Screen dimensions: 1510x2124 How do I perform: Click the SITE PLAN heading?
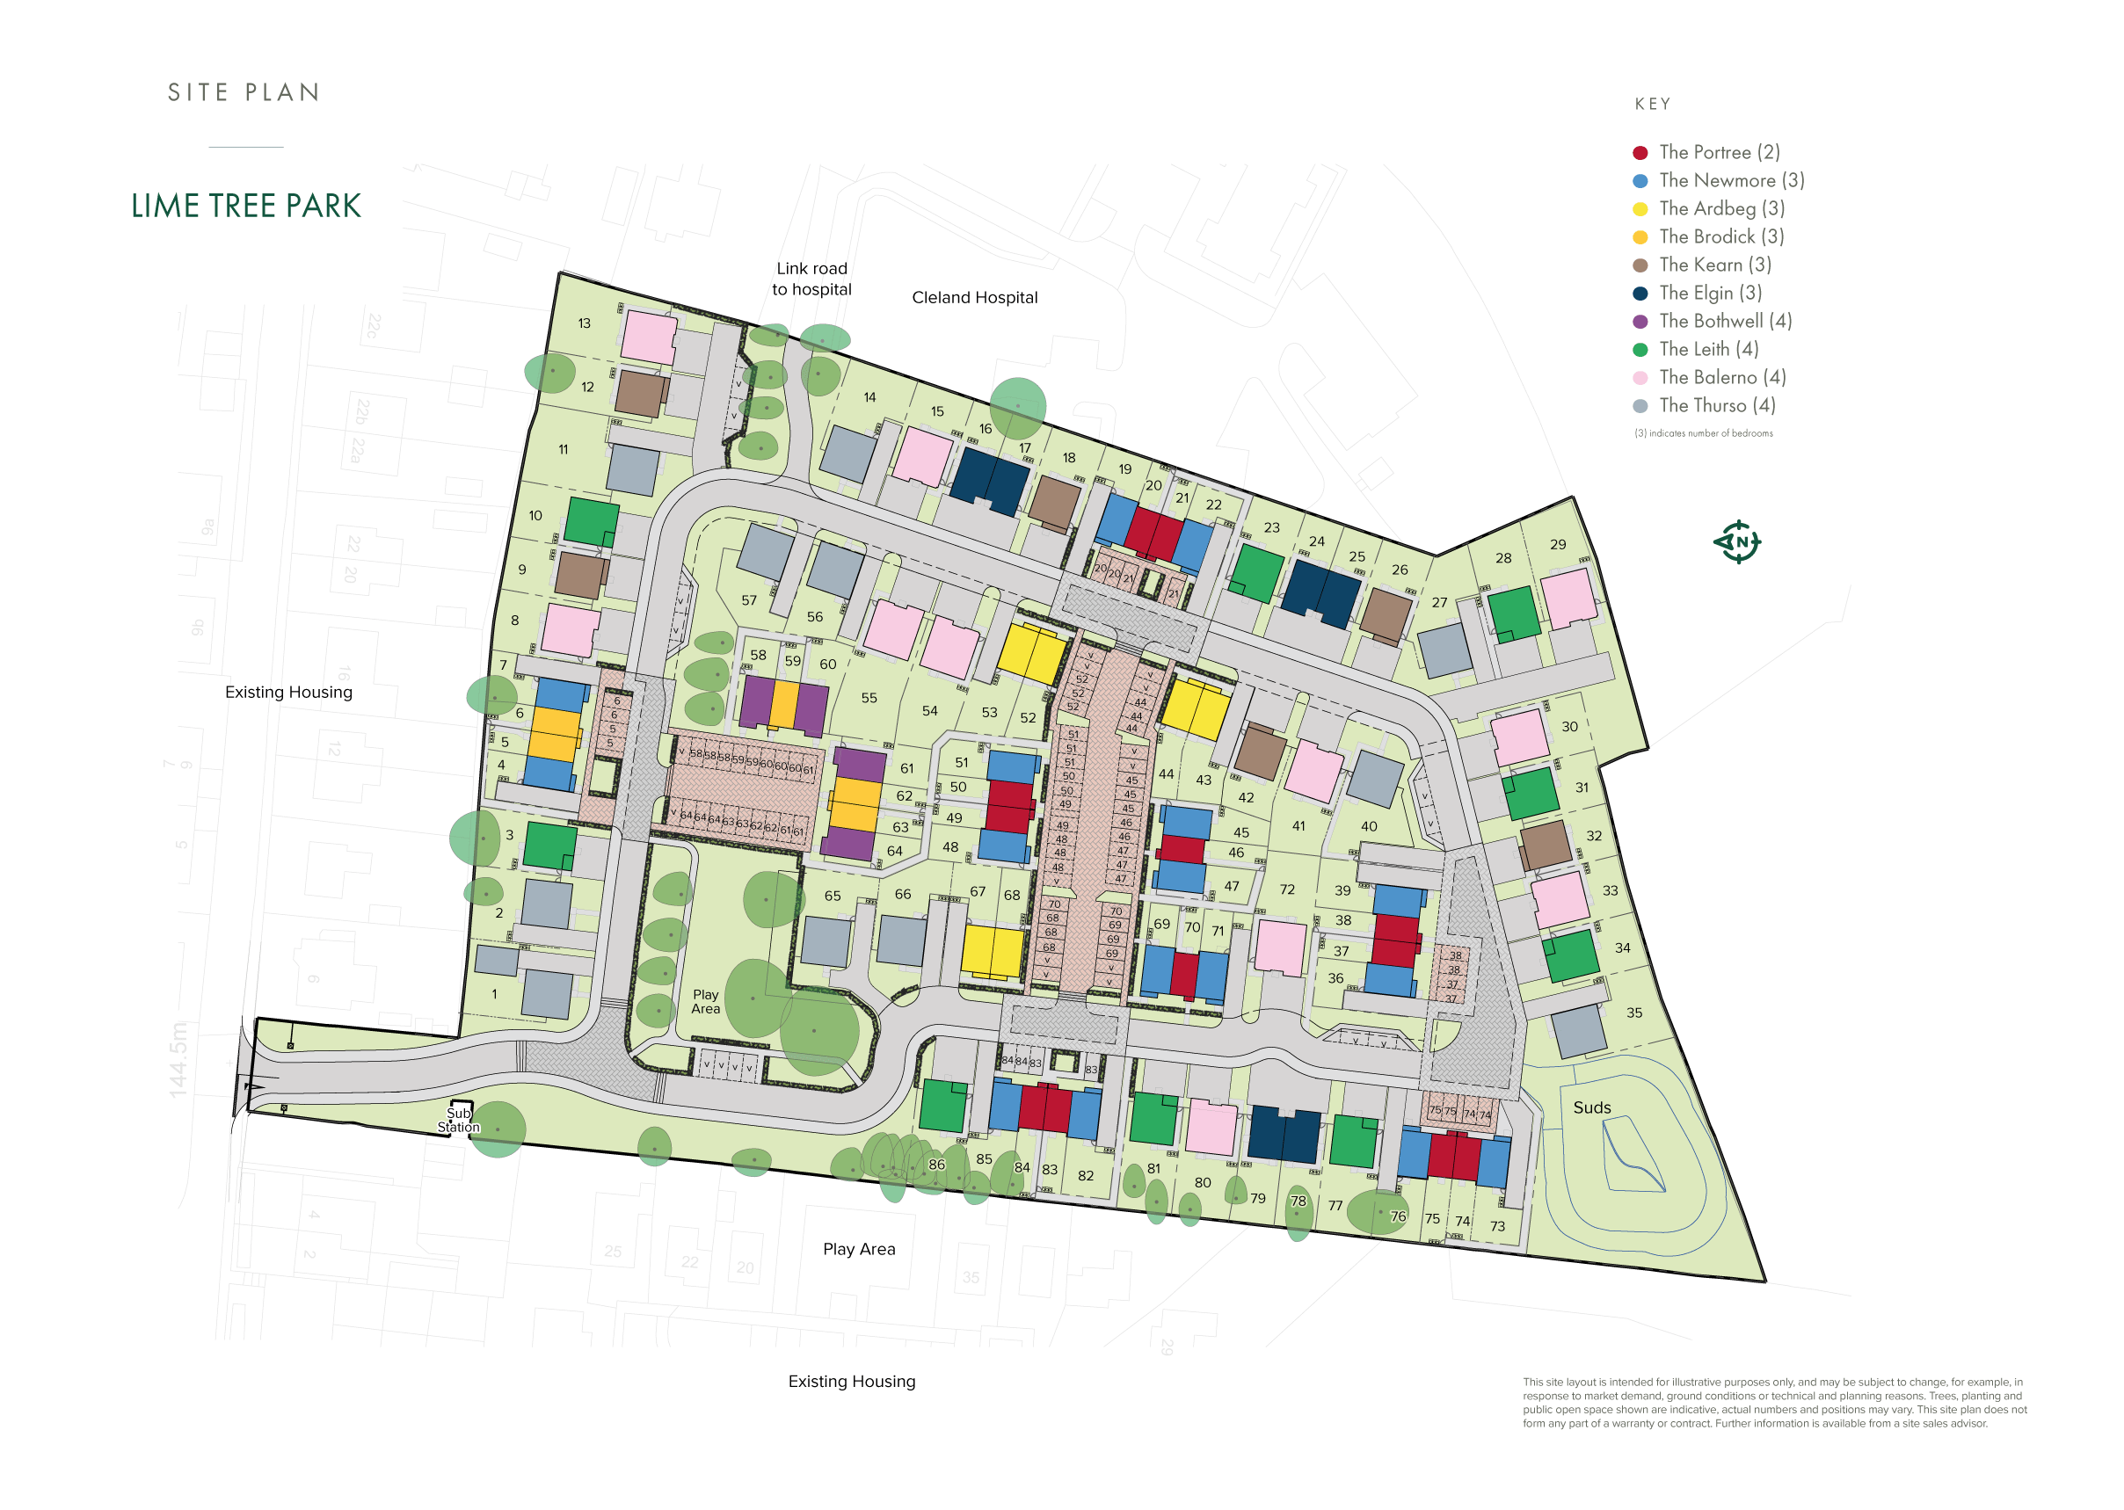(x=244, y=92)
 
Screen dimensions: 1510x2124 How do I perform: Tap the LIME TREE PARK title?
(x=245, y=207)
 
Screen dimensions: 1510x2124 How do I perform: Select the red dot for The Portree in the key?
(x=1640, y=152)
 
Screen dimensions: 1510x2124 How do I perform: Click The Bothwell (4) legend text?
(x=1725, y=321)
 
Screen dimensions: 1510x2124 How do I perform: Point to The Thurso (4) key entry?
(x=1717, y=405)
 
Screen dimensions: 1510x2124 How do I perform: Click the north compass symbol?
(x=1736, y=541)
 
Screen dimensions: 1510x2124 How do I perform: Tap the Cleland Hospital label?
(x=974, y=298)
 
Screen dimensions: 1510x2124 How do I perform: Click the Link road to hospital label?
(x=811, y=279)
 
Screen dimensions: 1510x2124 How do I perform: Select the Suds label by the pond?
(x=1591, y=1107)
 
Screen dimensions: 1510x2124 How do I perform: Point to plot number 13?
(x=584, y=323)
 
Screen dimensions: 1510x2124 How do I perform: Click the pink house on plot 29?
(x=1568, y=598)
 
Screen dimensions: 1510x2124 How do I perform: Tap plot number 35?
(x=1634, y=1013)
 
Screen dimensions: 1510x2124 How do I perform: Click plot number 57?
(x=749, y=600)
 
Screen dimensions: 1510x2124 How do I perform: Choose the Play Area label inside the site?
(x=705, y=1001)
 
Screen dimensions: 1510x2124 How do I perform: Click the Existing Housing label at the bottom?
(x=851, y=1381)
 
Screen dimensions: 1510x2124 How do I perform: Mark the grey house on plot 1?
(x=546, y=993)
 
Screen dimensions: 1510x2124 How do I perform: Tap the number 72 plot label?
(x=1286, y=889)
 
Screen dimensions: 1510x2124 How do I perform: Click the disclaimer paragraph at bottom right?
(x=1773, y=1402)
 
